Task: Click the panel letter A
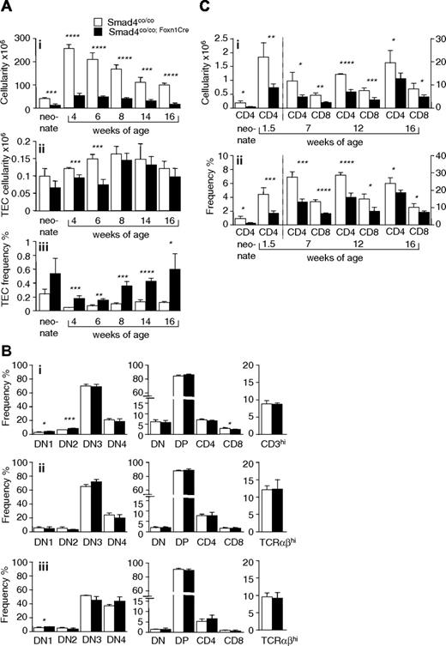[7, 8]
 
